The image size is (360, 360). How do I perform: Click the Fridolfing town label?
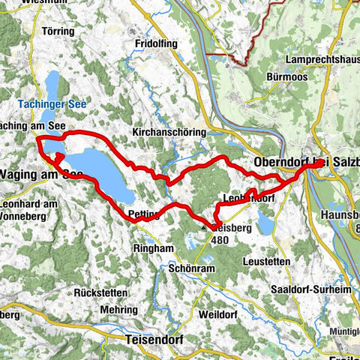tap(156, 44)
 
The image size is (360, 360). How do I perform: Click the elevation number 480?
tap(220, 241)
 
